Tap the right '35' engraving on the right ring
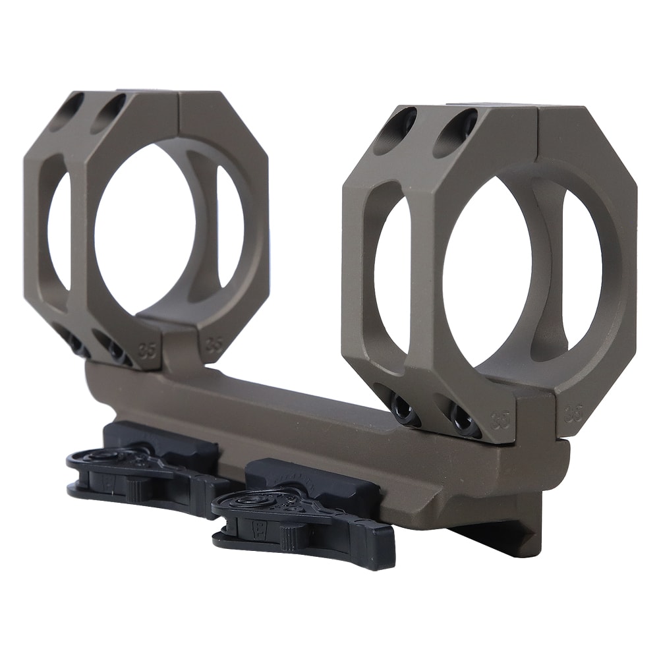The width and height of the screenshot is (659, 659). (x=574, y=413)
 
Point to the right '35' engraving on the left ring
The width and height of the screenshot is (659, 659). (x=212, y=343)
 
